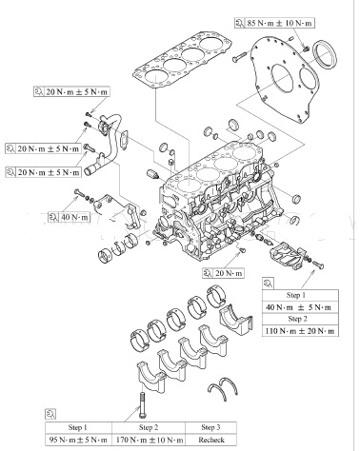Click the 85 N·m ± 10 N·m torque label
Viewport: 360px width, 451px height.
(280, 23)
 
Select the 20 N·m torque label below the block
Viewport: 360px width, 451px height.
(229, 273)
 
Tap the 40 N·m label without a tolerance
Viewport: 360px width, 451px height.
(74, 217)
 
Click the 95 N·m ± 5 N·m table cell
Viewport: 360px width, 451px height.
(78, 440)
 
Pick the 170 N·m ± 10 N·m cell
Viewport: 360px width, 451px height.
(149, 440)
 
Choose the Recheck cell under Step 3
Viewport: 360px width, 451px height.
(211, 440)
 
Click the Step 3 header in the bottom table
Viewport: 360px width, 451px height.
(211, 427)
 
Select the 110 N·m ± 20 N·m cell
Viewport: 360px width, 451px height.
(300, 331)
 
